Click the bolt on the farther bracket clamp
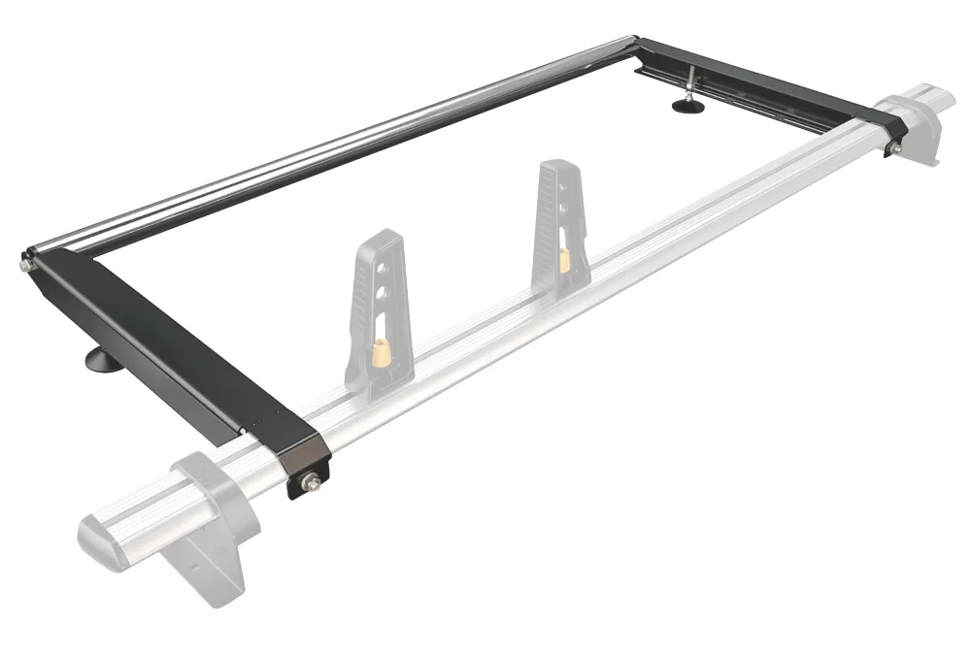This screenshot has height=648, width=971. pos(894,147)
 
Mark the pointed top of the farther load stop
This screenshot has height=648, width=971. pos(551,166)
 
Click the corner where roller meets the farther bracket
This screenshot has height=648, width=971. pos(635,41)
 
